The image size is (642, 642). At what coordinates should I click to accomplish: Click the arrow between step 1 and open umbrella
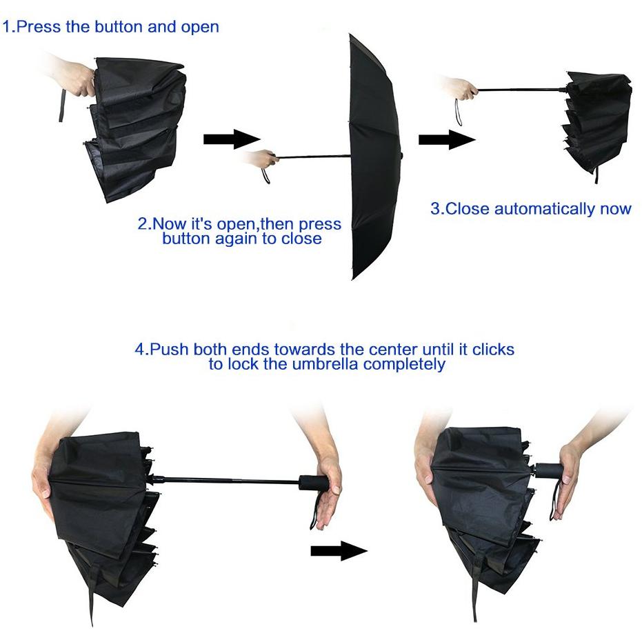pos(232,139)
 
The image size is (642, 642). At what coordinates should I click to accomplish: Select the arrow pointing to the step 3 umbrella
pos(447,139)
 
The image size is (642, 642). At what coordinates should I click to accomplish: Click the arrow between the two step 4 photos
pos(339,551)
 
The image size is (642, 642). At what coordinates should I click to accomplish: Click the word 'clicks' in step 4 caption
pos(493,350)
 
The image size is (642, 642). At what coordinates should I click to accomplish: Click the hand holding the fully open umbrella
pos(263,159)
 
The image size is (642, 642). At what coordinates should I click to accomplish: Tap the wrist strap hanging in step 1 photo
pos(62,105)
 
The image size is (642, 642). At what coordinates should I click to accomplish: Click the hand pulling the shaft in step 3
pos(462,88)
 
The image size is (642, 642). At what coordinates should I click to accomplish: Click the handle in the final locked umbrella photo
pos(549,470)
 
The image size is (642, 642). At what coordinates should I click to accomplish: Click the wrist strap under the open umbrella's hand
pos(266,175)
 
